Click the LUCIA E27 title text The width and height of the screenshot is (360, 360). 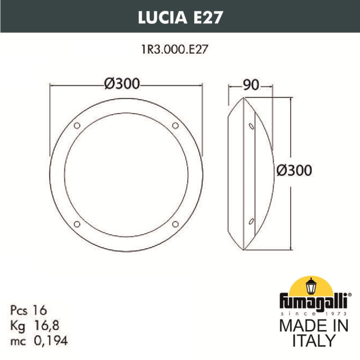point(179,17)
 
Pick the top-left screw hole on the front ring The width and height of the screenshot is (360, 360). point(77,125)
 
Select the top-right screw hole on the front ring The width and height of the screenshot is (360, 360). point(176,125)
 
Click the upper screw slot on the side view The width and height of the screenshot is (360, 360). point(252,126)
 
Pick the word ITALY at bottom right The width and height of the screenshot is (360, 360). point(313,340)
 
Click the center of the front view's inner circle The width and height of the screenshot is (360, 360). point(126,174)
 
